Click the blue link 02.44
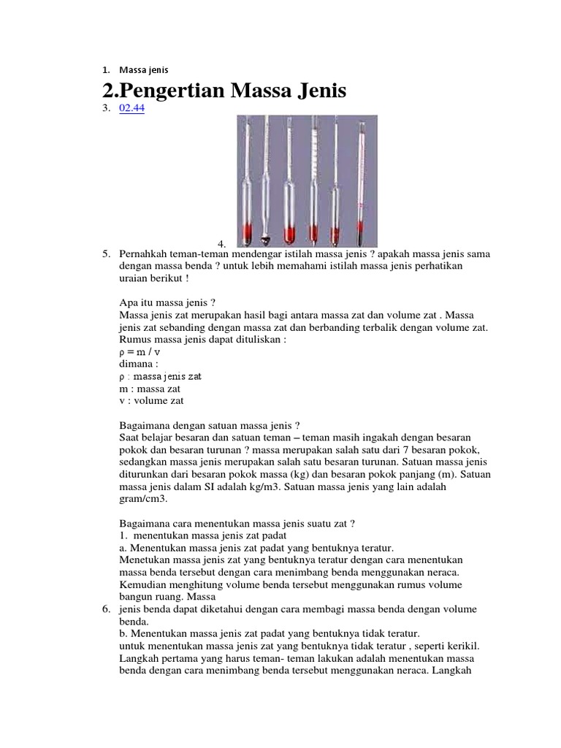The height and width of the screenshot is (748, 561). [x=131, y=109]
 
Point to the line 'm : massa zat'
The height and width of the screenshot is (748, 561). [x=150, y=389]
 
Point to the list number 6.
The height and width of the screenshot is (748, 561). [x=106, y=609]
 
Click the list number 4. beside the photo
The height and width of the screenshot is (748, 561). [x=222, y=243]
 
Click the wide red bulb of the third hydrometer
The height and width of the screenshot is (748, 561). [x=289, y=233]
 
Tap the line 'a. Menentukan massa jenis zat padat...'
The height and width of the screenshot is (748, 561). [x=256, y=547]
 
